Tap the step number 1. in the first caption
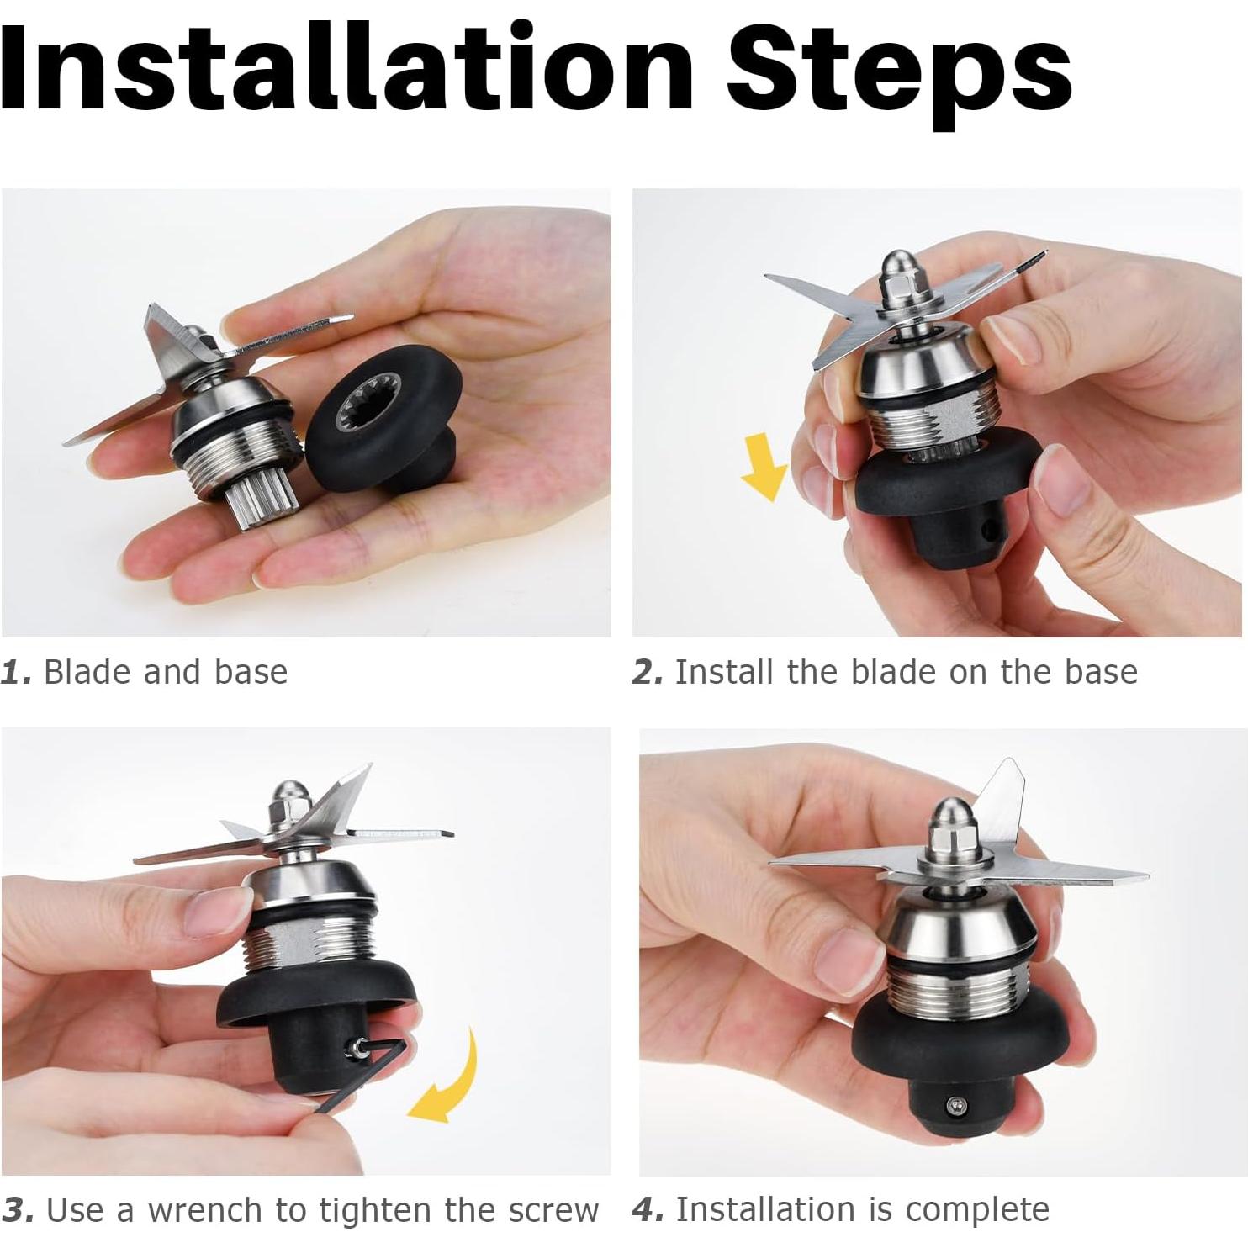click(16, 673)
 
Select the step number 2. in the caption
click(648, 673)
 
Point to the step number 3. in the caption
click(18, 1211)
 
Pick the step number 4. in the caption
click(648, 1210)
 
